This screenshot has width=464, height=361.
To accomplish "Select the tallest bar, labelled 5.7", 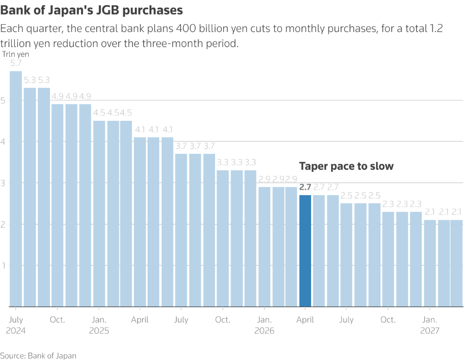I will (x=16, y=189).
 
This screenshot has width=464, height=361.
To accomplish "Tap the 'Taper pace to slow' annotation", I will (x=346, y=166).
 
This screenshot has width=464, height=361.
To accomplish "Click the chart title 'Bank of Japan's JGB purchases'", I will (x=92, y=10).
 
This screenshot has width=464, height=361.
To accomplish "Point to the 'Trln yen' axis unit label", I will (x=16, y=54).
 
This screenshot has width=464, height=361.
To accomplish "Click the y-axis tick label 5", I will (x=4, y=100).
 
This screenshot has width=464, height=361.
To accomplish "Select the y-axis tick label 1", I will (x=4, y=265).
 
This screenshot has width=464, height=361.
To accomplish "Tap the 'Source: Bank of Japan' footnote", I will (x=38, y=356).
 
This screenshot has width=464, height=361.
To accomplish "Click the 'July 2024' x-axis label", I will (x=16, y=326).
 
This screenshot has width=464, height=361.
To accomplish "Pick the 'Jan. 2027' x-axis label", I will (x=430, y=326).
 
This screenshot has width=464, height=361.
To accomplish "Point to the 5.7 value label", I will (x=16, y=64).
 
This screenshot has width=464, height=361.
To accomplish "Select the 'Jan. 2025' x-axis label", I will (x=99, y=326).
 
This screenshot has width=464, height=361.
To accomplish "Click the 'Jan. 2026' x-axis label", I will (x=265, y=326).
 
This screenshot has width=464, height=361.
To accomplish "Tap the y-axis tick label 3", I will (x=4, y=183).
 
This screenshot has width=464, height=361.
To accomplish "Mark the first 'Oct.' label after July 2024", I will (x=57, y=320).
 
